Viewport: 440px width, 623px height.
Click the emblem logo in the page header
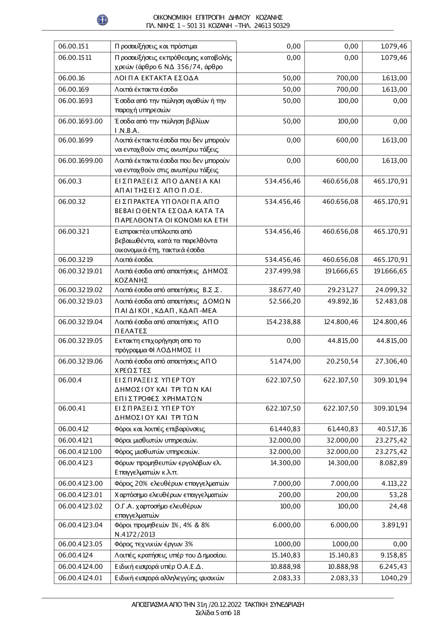(x=103, y=20)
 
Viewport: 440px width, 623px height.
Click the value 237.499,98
(x=283, y=271)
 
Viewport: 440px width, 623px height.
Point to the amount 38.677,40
(x=285, y=290)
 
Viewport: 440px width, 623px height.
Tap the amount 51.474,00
(x=285, y=361)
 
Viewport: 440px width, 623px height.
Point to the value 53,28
(x=398, y=495)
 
